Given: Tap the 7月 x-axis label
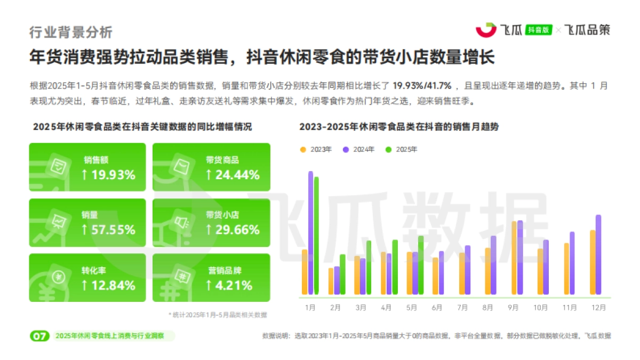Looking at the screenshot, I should click(x=463, y=308).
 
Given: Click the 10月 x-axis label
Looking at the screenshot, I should click(x=541, y=308).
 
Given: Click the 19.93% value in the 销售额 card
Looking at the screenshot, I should click(x=108, y=174).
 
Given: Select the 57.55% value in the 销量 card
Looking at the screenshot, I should click(x=108, y=230).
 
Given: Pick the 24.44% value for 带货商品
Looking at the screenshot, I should click(x=233, y=174).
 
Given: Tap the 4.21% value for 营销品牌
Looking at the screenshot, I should click(x=229, y=285).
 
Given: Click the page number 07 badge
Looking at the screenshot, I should click(x=39, y=336).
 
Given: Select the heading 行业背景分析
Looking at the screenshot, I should click(x=71, y=32).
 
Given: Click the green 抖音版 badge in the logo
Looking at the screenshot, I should click(x=539, y=30).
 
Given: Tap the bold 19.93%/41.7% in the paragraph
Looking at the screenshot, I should click(x=422, y=85).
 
